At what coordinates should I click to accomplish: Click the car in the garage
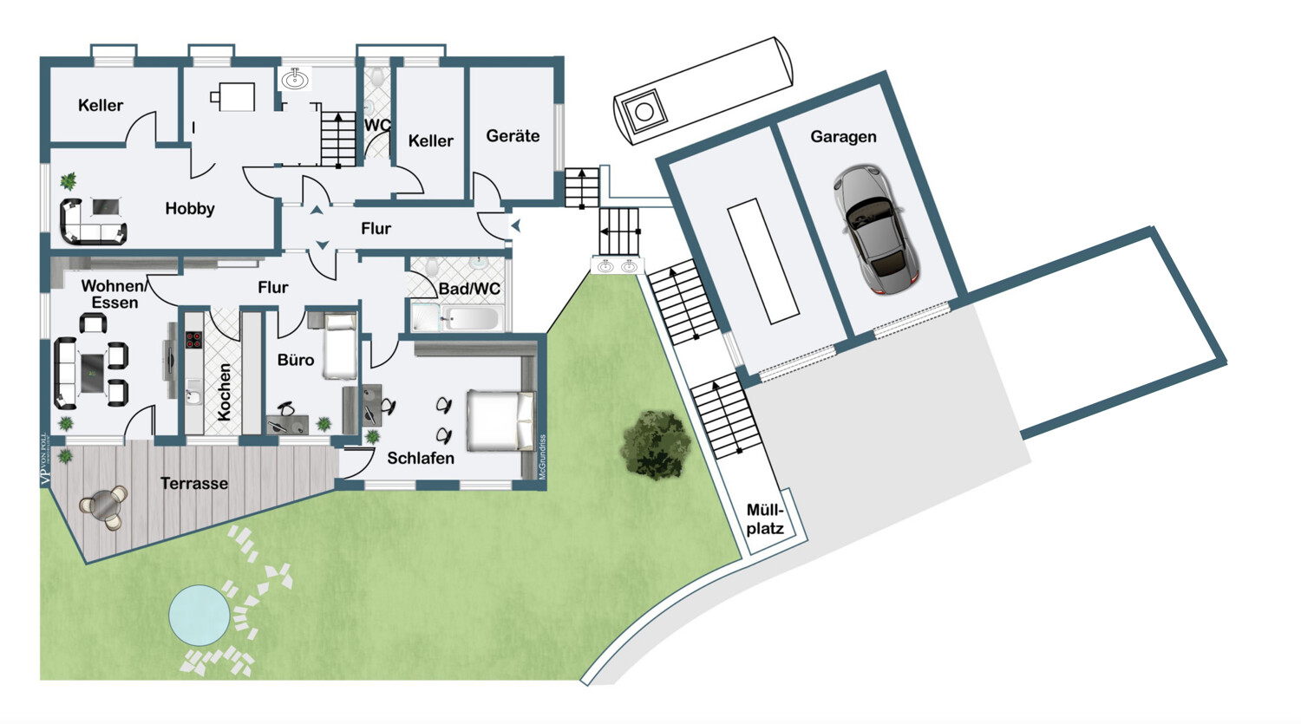(x=875, y=229)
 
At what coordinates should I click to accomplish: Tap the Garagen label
(x=843, y=137)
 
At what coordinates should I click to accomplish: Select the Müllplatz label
(x=765, y=519)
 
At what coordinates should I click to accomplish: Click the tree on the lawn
(x=656, y=445)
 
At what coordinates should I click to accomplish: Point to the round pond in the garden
(x=199, y=614)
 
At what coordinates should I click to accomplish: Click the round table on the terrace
(x=105, y=505)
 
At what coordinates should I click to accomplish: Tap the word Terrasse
(x=194, y=484)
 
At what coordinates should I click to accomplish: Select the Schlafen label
(x=421, y=458)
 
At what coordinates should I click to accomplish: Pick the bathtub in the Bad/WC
(x=468, y=319)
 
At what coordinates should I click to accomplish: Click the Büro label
(x=296, y=360)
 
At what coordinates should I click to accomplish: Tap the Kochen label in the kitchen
(x=225, y=392)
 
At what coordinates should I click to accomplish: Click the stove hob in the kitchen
(x=193, y=339)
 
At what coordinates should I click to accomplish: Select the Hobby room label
(x=190, y=209)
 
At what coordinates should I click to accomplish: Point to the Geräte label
(x=513, y=136)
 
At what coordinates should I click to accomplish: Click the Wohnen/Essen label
(x=112, y=294)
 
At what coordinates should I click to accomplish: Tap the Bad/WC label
(x=469, y=289)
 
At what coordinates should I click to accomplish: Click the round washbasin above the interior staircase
(x=295, y=80)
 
